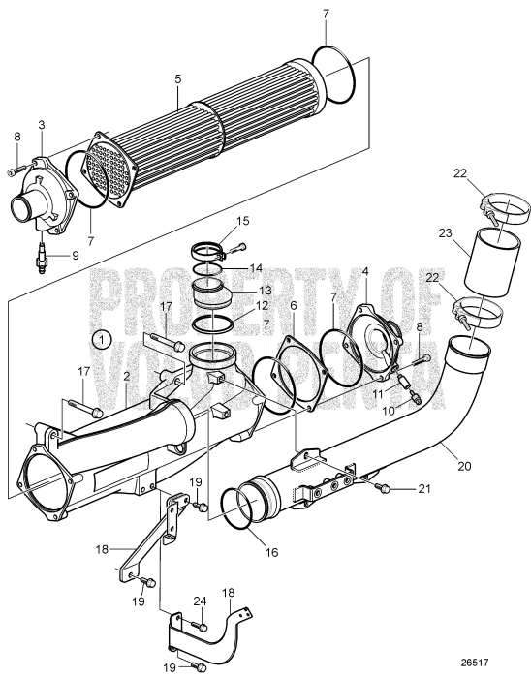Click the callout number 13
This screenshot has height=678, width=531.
[237, 292]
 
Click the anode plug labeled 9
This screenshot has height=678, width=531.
[42, 260]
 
